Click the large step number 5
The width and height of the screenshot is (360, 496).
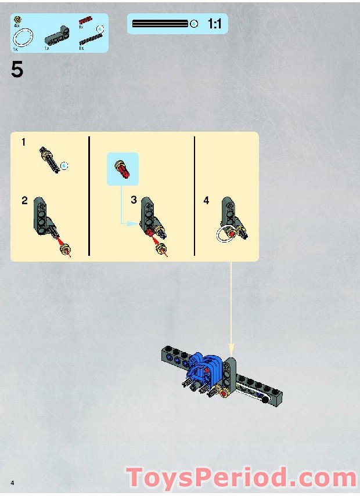(17, 70)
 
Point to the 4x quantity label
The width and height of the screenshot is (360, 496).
(17, 27)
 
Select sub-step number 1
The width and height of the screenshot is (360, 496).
(24, 142)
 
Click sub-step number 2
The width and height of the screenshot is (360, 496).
(24, 201)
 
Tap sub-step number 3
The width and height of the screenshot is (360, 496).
(134, 200)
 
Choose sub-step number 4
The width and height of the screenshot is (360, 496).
(206, 201)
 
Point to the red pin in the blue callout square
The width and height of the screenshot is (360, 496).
(123, 169)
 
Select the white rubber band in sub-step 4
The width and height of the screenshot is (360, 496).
(224, 236)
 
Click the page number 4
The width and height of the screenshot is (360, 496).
(11, 483)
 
